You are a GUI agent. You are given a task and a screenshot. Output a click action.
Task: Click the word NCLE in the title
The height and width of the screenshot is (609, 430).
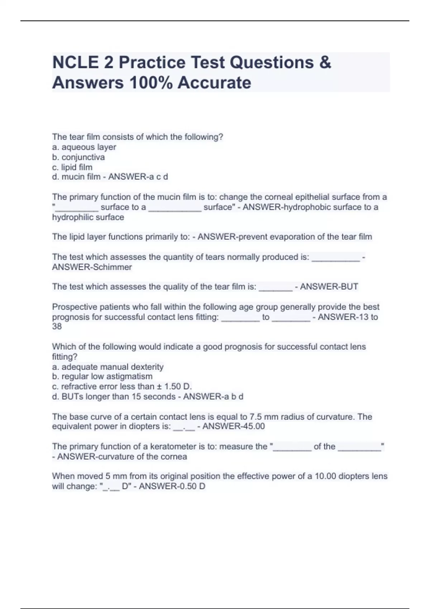click(x=76, y=62)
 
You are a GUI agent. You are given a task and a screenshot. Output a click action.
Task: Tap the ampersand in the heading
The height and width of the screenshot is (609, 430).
click(x=325, y=62)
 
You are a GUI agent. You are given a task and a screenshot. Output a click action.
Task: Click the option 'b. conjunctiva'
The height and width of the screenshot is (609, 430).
click(x=78, y=157)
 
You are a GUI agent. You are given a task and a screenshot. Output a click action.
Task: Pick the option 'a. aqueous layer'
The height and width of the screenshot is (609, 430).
click(x=84, y=147)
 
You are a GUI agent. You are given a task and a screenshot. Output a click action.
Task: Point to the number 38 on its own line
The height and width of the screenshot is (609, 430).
click(x=57, y=326)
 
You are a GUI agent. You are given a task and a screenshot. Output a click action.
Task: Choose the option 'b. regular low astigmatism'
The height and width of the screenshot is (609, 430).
click(x=102, y=377)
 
